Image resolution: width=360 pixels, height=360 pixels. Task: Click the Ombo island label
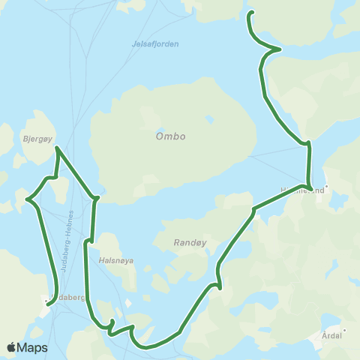pos(170,136)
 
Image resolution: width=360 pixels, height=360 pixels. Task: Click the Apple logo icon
pos(11,347)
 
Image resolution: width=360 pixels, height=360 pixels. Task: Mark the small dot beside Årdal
pos(344,329)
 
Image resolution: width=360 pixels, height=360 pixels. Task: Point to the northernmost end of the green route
pos(251,12)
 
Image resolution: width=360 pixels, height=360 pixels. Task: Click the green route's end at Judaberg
pos(48,303)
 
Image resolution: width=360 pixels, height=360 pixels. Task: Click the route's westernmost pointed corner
pos(28,199)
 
